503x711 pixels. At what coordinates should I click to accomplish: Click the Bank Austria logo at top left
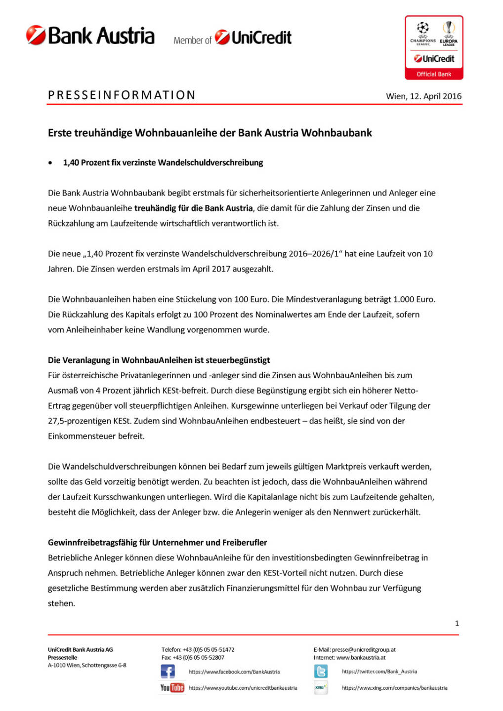90,36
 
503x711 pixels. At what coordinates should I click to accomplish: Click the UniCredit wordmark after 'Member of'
261,38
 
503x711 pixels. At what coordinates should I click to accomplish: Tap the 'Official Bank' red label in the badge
434,74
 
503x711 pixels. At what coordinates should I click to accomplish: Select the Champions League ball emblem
423,28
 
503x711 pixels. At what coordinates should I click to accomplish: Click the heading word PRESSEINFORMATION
122,95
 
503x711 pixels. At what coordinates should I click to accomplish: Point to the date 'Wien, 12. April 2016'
423,96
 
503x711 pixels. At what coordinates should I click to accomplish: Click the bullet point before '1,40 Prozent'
50,163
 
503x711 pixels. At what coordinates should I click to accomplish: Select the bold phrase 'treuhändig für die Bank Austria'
193,208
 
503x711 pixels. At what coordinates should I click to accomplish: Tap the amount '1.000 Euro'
414,299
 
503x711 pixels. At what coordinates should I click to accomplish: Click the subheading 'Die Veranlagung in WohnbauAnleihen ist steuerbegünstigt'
159,360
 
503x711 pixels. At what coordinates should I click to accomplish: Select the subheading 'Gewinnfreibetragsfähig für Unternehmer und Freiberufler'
157,542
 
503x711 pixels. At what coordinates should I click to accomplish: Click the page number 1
457,623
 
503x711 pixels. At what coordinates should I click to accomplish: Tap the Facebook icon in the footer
168,671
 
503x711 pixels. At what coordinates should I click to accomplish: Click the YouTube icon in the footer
172,687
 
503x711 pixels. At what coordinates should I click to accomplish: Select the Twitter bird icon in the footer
321,671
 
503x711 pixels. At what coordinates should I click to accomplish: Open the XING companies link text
394,688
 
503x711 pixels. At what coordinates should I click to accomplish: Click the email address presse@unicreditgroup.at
364,650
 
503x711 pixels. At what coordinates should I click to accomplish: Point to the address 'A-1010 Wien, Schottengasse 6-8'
87,665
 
